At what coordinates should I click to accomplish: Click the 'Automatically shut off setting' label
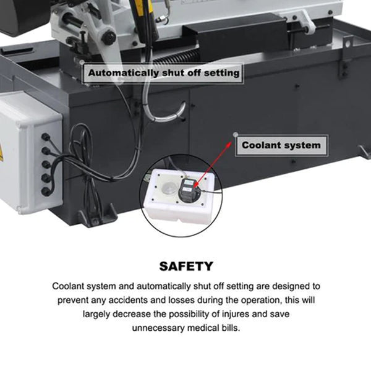point(163,73)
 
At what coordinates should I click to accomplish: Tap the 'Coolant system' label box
point(281,146)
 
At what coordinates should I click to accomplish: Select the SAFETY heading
point(185,267)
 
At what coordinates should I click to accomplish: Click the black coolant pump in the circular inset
point(188,190)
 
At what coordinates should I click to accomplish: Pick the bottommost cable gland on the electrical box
point(45,192)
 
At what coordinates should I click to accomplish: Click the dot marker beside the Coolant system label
point(234,134)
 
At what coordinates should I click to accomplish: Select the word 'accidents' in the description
point(130,301)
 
